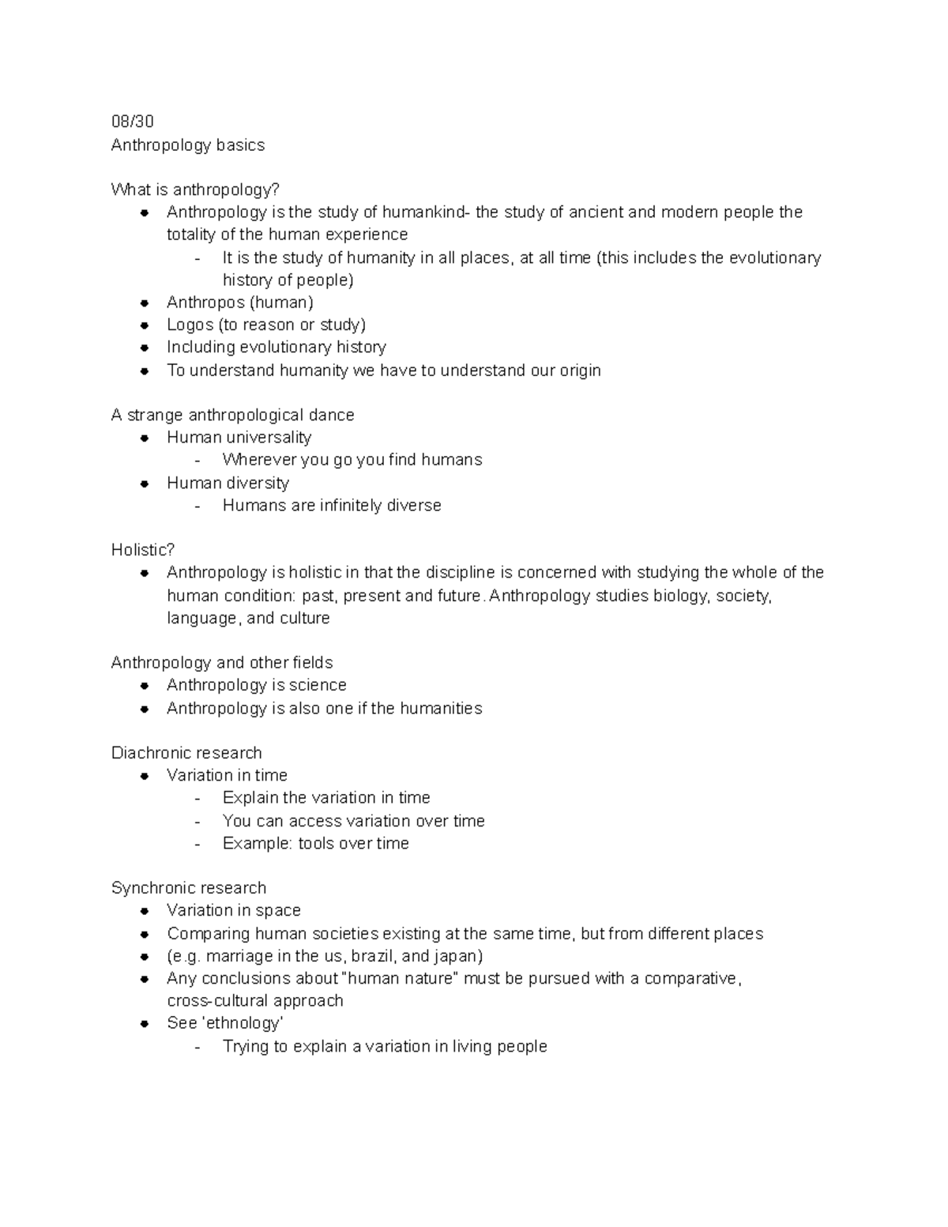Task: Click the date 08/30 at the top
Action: (x=132, y=122)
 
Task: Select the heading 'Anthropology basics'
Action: (x=187, y=145)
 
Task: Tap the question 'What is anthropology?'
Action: (x=195, y=190)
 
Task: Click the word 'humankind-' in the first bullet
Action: (x=426, y=212)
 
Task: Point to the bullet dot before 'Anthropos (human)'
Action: (x=145, y=303)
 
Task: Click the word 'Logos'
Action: (x=190, y=325)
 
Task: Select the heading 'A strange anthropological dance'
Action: (x=232, y=415)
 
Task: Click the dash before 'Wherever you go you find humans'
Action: (x=197, y=461)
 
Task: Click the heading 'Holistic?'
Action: (x=142, y=550)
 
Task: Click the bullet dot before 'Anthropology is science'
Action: (x=145, y=686)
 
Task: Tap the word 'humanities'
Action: (x=441, y=709)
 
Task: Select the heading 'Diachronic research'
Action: (x=186, y=753)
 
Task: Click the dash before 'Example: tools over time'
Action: (x=197, y=844)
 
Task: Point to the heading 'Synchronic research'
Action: (x=189, y=888)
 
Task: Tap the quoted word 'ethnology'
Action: (x=243, y=1023)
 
